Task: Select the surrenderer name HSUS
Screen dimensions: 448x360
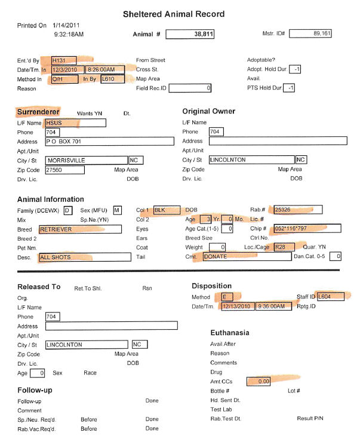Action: coord(75,122)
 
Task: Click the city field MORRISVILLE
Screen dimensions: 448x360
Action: coord(86,160)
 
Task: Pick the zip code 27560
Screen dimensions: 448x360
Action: coord(64,170)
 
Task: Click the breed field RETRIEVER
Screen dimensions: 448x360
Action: coord(79,229)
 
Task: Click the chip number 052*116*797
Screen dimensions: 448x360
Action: coord(307,229)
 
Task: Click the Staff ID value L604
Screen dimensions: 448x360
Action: coord(330,296)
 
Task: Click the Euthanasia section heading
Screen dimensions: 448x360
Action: coord(230,332)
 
